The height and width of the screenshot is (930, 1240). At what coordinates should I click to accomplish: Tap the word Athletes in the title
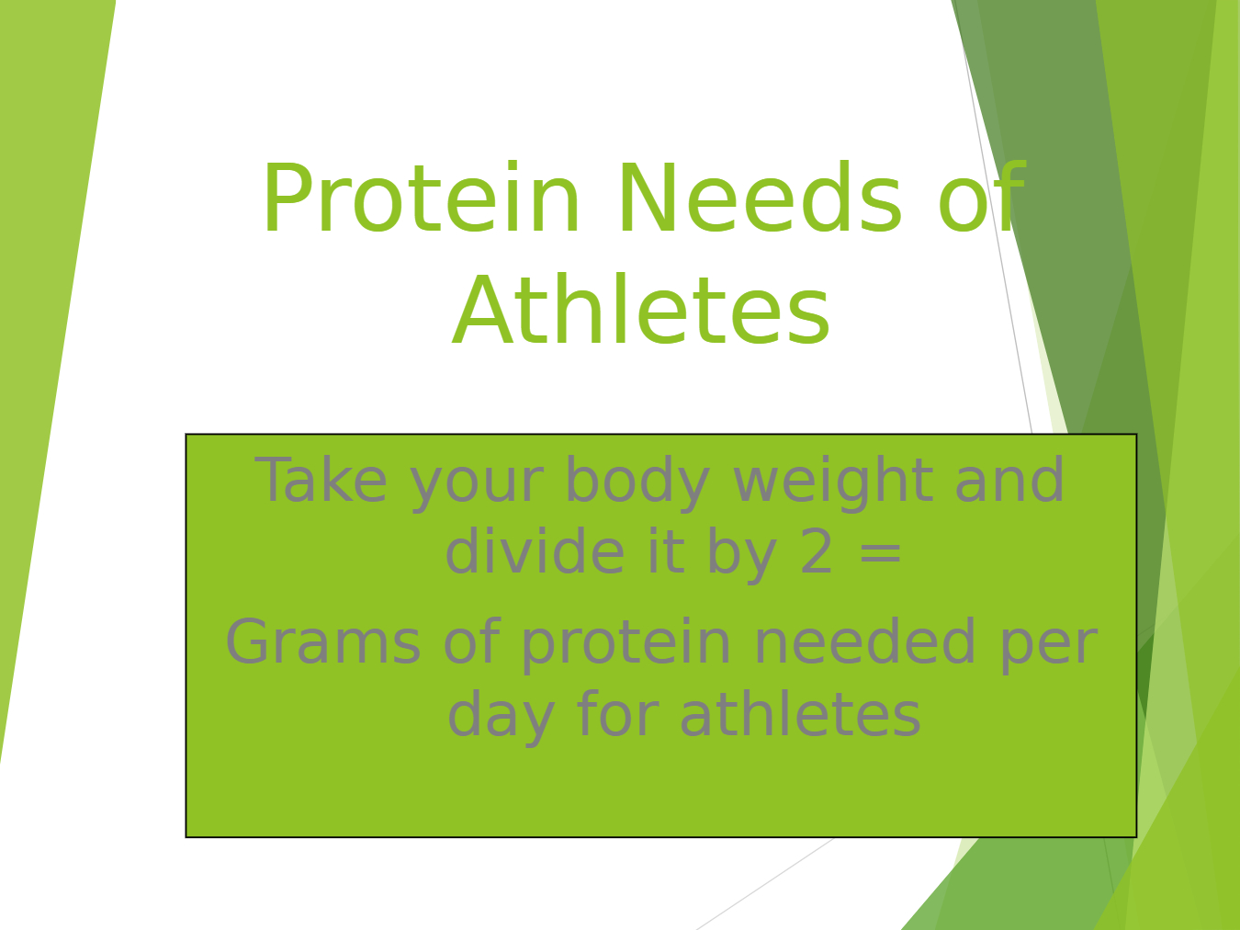[x=641, y=310]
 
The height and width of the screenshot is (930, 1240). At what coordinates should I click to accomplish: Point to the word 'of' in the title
[x=983, y=197]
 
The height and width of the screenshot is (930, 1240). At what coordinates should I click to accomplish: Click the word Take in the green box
[x=321, y=479]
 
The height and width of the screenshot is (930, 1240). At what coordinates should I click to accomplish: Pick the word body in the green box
[x=637, y=483]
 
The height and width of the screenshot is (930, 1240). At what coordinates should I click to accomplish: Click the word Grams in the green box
[x=323, y=641]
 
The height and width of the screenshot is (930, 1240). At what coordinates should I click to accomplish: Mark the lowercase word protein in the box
[x=626, y=645]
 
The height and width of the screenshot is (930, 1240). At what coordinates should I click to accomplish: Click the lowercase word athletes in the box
[x=801, y=713]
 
